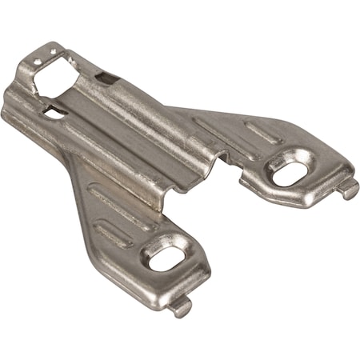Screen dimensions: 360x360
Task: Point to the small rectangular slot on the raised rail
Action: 106,78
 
